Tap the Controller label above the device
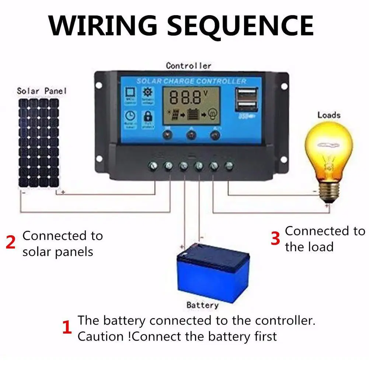pyautogui.click(x=188, y=66)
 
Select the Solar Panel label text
pyautogui.click(x=42, y=91)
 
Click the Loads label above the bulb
pyautogui.click(x=329, y=115)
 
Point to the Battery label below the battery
pyautogui.click(x=202, y=305)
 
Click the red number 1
pyautogui.click(x=67, y=328)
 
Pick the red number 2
pyautogui.click(x=11, y=243)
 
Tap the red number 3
pyautogui.click(x=275, y=238)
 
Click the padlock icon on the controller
pyautogui.click(x=147, y=117)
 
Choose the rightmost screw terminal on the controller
pyautogui.click(x=229, y=166)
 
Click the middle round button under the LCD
pyautogui.click(x=191, y=136)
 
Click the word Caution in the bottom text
pyautogui.click(x=95, y=336)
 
